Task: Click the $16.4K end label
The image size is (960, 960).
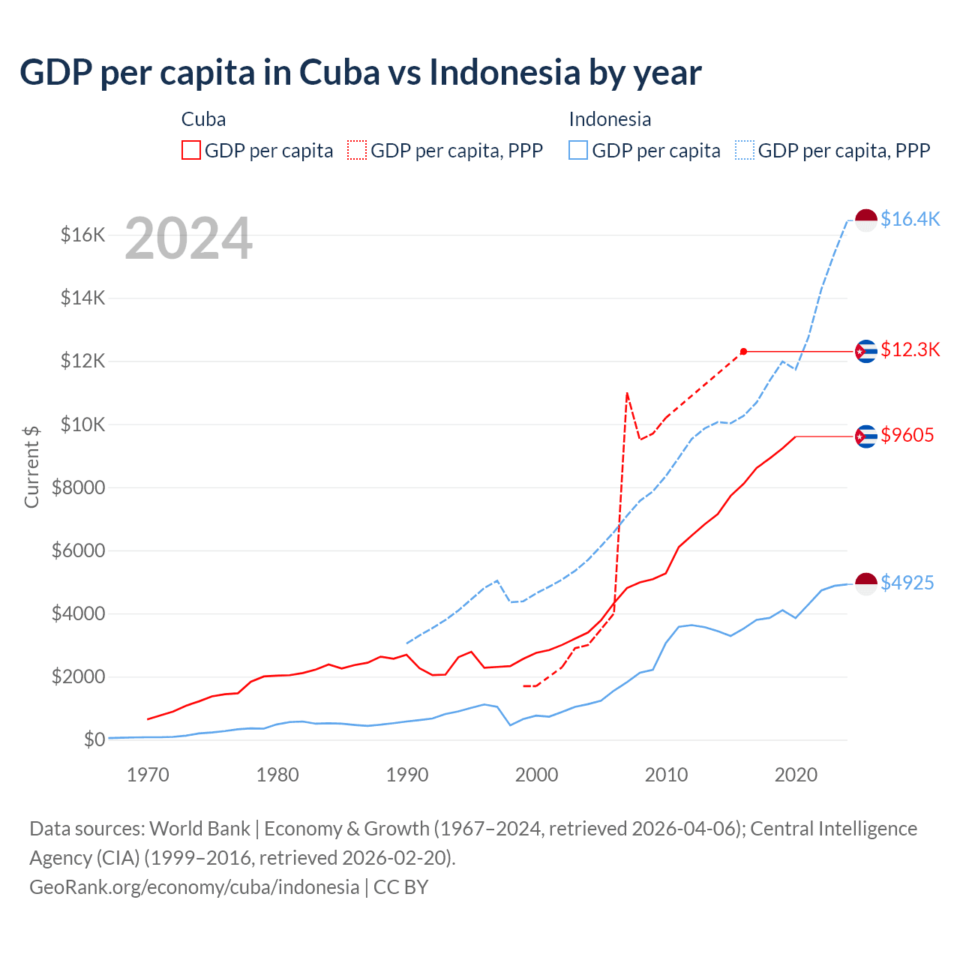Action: coord(910,219)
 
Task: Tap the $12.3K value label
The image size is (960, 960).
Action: coord(910,349)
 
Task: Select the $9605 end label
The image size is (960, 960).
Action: coord(907,435)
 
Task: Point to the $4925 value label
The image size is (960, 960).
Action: coord(907,583)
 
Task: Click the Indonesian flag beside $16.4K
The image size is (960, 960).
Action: coord(866,220)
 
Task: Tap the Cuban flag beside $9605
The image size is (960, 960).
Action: coord(866,436)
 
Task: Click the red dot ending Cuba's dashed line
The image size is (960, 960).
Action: coord(743,351)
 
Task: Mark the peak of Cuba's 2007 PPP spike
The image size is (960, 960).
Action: coord(626,392)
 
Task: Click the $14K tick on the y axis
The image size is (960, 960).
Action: coord(82,298)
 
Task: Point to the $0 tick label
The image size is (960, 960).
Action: coord(94,739)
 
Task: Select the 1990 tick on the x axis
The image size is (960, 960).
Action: coord(406,775)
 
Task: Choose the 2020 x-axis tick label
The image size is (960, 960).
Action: coord(796,775)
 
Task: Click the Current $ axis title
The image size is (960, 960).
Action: coord(31,466)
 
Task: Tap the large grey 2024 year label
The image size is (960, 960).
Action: coord(188,238)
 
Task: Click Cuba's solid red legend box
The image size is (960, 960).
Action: coord(191,150)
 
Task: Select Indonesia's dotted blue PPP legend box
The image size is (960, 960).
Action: coord(745,150)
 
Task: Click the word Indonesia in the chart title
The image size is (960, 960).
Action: coord(505,72)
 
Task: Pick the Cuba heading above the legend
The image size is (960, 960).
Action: coord(203,119)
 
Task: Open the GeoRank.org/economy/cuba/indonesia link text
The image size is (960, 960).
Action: coord(194,886)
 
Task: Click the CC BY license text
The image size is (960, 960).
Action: coord(400,886)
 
